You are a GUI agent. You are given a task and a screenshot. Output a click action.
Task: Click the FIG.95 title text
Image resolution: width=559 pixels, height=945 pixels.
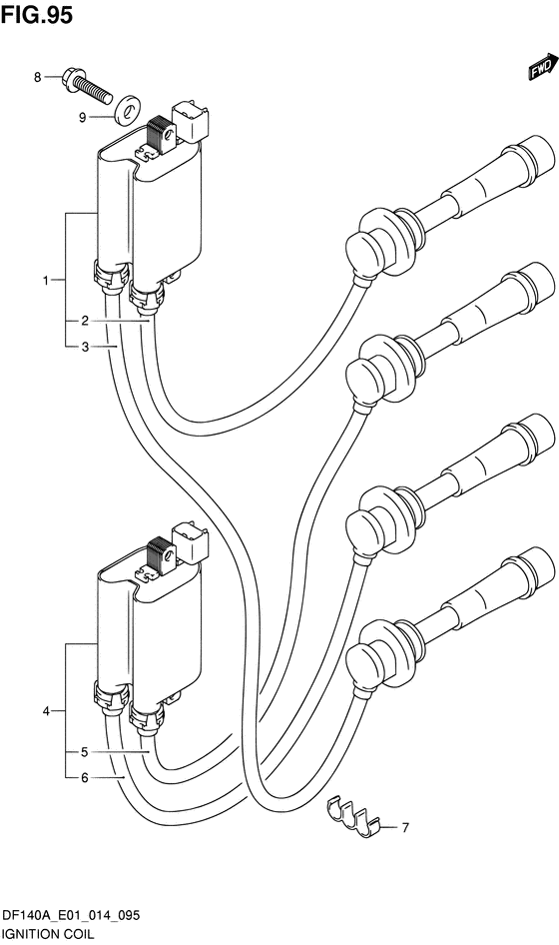point(37,14)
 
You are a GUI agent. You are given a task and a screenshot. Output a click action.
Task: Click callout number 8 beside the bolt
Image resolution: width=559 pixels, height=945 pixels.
point(37,77)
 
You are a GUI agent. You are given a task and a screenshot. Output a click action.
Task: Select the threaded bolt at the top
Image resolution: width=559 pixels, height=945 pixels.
point(87,86)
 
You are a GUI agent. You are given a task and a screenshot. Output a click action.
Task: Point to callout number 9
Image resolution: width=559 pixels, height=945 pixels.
point(83,118)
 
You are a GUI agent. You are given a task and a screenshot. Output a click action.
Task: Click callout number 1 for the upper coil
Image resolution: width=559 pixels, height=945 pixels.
point(46,280)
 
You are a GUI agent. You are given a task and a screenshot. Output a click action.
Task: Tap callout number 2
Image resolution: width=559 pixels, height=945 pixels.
point(85,321)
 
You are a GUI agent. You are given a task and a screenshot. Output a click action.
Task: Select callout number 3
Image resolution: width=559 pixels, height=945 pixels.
point(85,347)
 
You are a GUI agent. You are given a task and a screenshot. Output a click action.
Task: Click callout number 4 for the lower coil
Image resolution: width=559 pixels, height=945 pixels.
point(46,711)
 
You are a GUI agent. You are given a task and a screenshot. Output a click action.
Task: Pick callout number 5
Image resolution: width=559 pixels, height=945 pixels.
point(85,752)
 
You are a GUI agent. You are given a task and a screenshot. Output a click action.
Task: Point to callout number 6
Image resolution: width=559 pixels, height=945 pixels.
point(85,778)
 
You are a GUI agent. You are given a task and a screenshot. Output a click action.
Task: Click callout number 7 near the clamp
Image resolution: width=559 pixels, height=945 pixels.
point(405,828)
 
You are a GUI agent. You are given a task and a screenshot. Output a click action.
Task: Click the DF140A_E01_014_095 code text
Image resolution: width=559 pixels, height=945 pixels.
point(72,916)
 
